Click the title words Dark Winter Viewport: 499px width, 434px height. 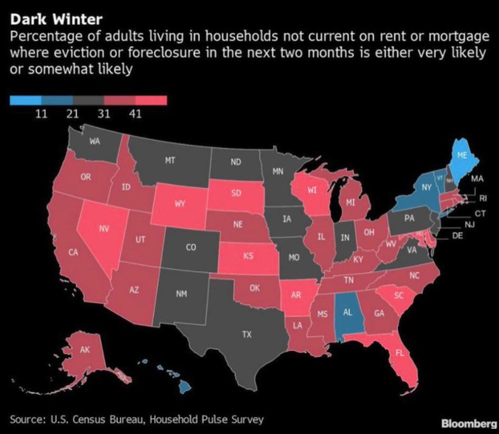[56, 19]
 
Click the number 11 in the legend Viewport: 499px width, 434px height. [41, 114]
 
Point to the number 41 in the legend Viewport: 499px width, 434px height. [135, 114]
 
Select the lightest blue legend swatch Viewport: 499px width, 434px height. [25, 100]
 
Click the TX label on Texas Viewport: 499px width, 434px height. [247, 334]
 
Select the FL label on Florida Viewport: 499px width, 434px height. [400, 353]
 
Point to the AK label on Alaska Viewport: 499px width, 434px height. [85, 350]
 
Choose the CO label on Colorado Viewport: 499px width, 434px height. [190, 248]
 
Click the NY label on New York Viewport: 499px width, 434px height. [426, 188]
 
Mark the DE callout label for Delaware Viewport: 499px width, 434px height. [457, 235]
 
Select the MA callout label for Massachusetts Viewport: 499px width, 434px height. [478, 179]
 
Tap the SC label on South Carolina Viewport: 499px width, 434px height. [398, 295]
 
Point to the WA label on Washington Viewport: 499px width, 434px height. [95, 142]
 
